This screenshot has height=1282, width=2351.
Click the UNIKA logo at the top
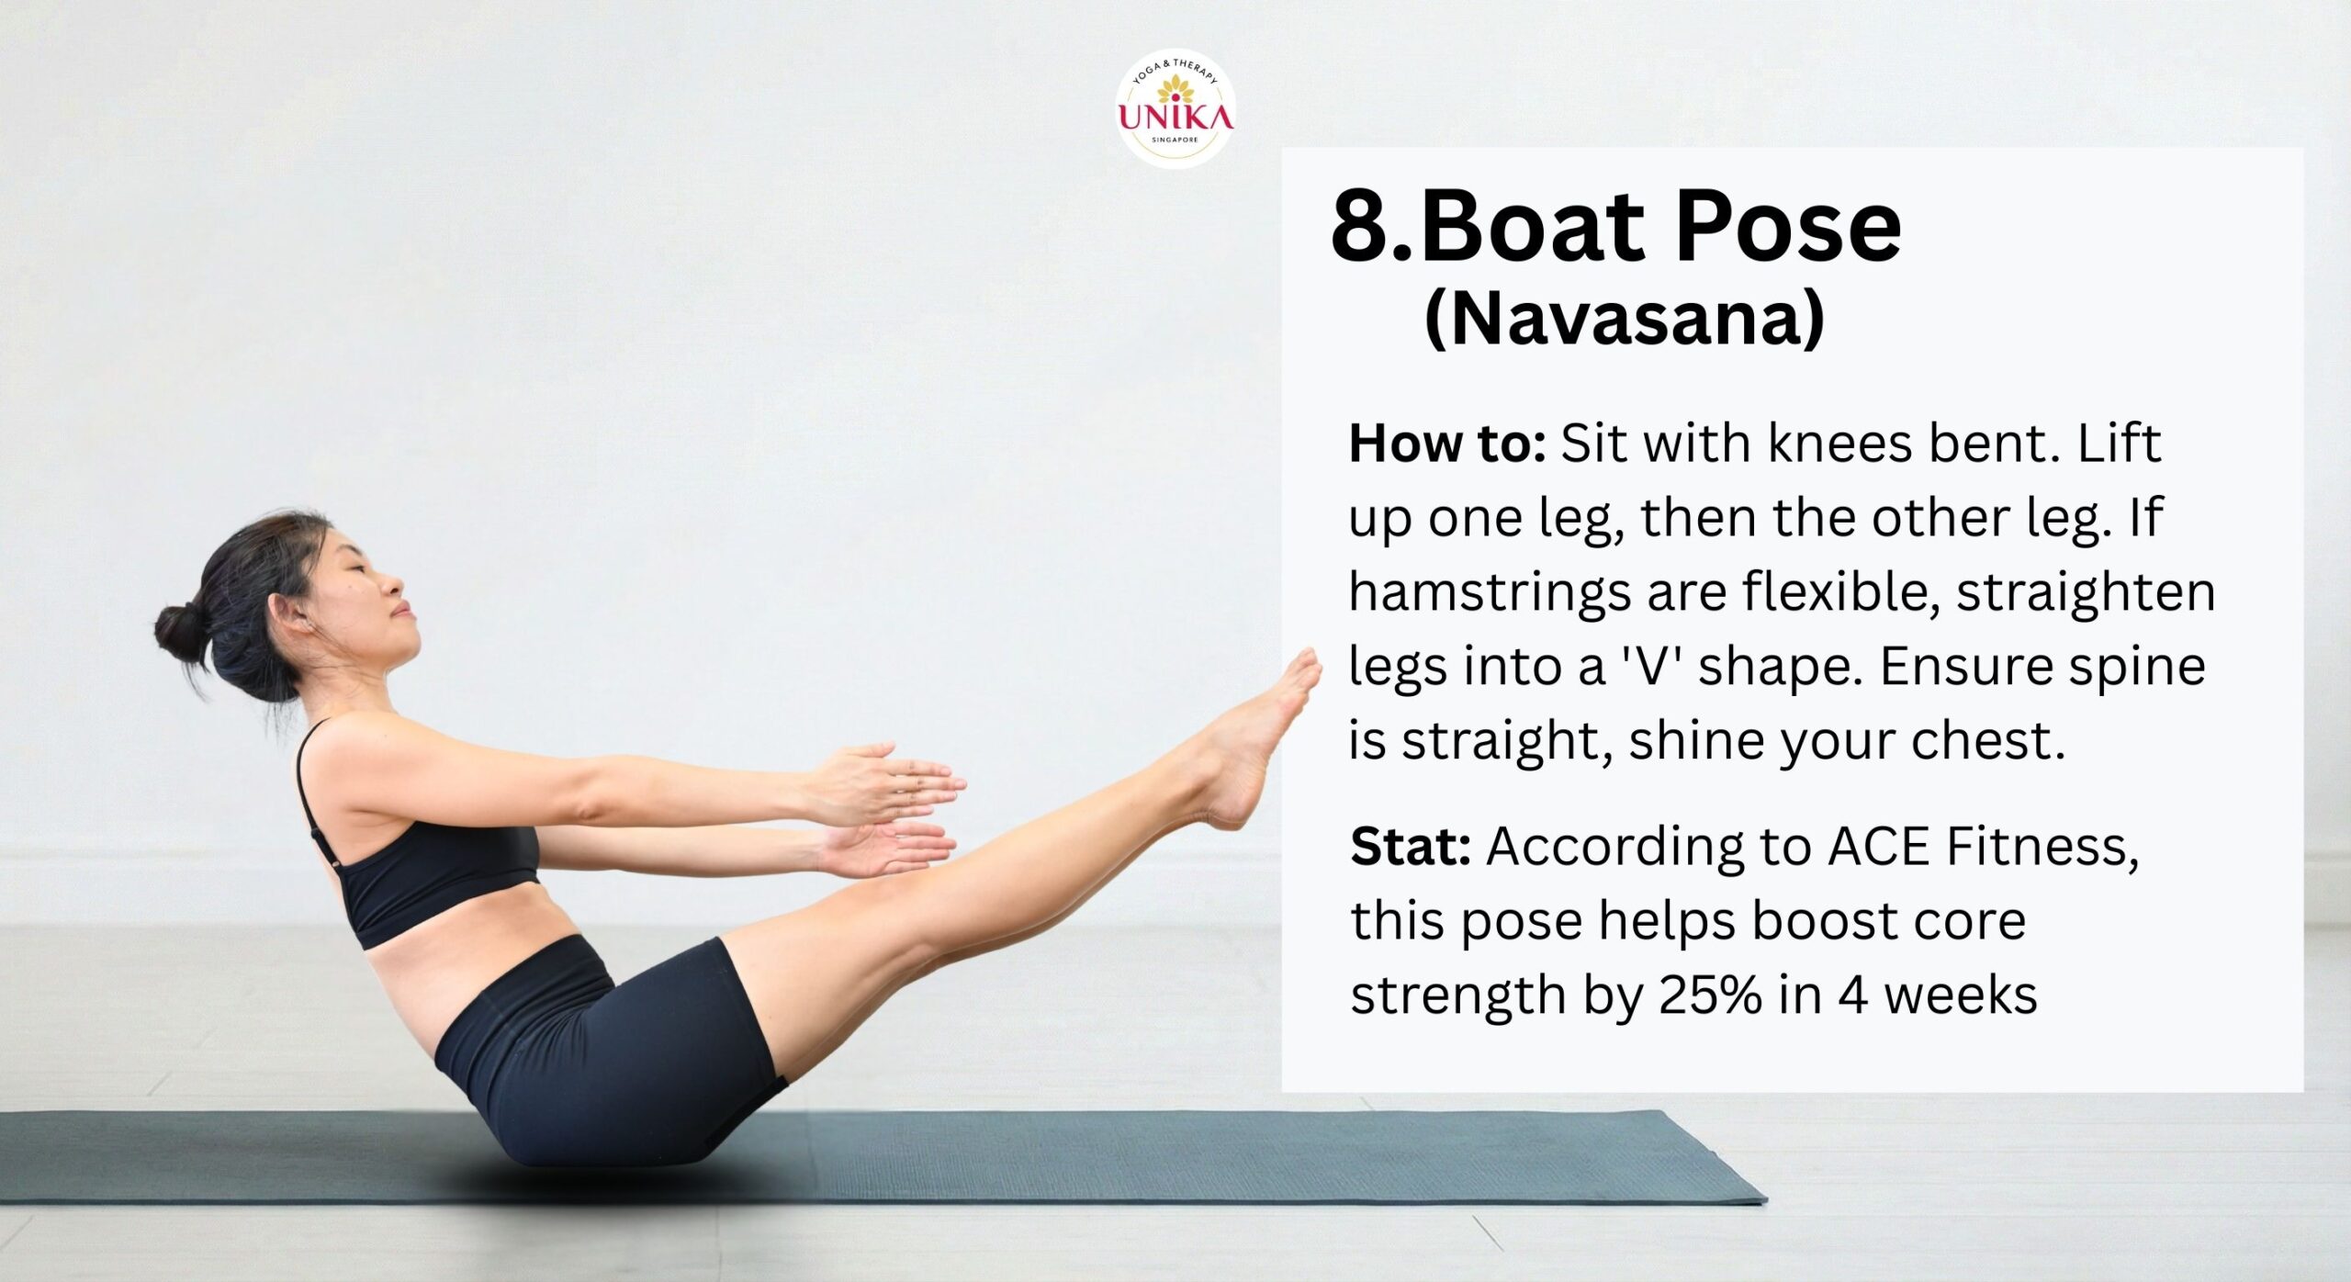1175,109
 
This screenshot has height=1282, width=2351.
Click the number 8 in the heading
1366,225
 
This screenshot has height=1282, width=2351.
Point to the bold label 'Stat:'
1411,847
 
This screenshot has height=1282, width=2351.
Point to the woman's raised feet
1267,735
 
